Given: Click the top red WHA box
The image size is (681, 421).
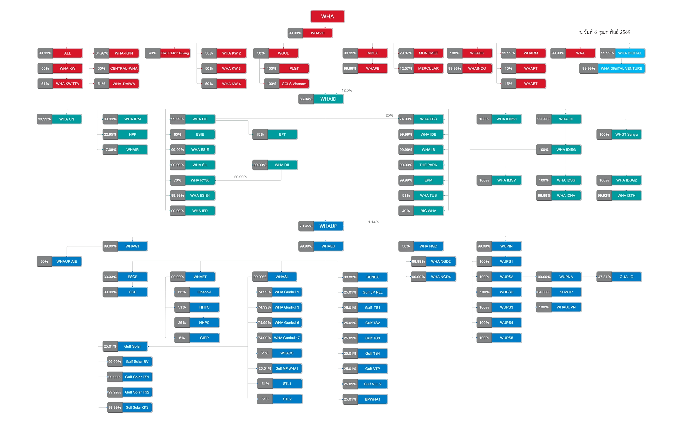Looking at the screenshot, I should pyautogui.click(x=327, y=16).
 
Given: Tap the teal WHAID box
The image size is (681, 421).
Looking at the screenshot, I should pyautogui.click(x=328, y=99).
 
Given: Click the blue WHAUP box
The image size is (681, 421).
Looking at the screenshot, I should pyautogui.click(x=328, y=226).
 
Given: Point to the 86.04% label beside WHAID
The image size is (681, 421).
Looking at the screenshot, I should pyautogui.click(x=306, y=99).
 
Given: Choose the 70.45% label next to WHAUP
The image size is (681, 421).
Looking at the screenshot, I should pyautogui.click(x=306, y=226).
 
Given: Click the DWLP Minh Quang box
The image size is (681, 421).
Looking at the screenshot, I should pyautogui.click(x=175, y=53).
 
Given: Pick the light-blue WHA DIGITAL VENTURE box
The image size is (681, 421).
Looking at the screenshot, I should pyautogui.click(x=621, y=69).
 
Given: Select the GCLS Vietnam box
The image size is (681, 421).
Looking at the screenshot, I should pyautogui.click(x=294, y=84).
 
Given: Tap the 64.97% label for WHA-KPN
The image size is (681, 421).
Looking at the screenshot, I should pyautogui.click(x=102, y=53).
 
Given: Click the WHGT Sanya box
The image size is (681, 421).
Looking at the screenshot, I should pyautogui.click(x=626, y=135).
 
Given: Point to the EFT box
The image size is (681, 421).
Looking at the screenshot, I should pyautogui.click(x=282, y=135).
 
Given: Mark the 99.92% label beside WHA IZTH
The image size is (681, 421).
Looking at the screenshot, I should pyautogui.click(x=604, y=196).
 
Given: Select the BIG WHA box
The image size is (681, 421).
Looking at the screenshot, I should pyautogui.click(x=428, y=211).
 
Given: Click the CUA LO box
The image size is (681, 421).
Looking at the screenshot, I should pyautogui.click(x=626, y=277).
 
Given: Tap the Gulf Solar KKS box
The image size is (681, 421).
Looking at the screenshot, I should pyautogui.click(x=137, y=408).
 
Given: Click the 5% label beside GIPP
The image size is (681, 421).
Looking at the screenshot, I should pyautogui.click(x=182, y=338).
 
